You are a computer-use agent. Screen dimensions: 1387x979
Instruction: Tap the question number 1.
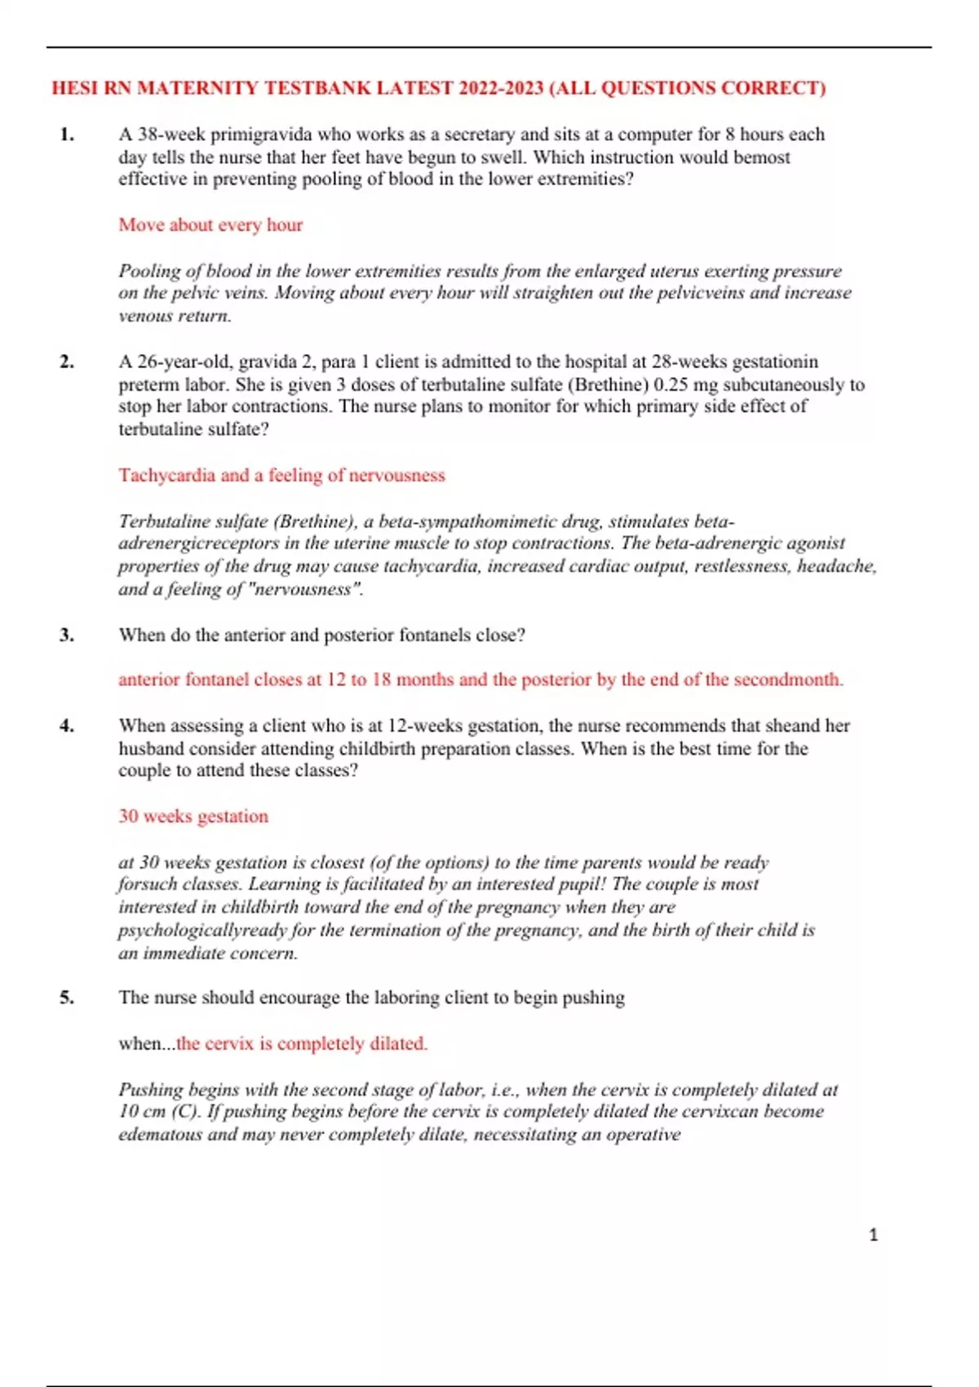(x=67, y=135)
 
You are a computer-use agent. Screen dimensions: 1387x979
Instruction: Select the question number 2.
(x=67, y=361)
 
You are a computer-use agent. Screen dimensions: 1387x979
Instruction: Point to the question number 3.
(x=67, y=635)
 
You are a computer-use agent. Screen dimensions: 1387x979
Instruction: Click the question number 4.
(x=67, y=725)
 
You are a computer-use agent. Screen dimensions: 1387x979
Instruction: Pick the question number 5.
(x=67, y=997)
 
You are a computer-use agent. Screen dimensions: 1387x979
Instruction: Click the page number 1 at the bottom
(x=873, y=1235)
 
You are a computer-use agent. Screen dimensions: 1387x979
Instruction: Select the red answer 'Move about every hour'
(x=210, y=225)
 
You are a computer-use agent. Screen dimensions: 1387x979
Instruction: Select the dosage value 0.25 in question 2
(x=672, y=384)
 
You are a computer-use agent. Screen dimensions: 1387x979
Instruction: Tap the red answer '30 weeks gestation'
(x=193, y=817)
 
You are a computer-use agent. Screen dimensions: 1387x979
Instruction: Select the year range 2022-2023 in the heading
(x=501, y=88)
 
